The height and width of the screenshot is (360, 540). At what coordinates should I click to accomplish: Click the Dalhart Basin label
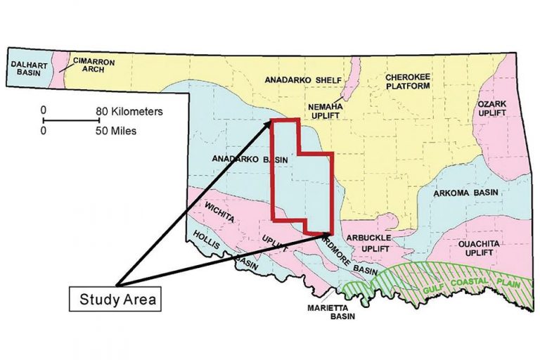26,68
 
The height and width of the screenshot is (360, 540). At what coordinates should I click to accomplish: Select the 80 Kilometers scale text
130,111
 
